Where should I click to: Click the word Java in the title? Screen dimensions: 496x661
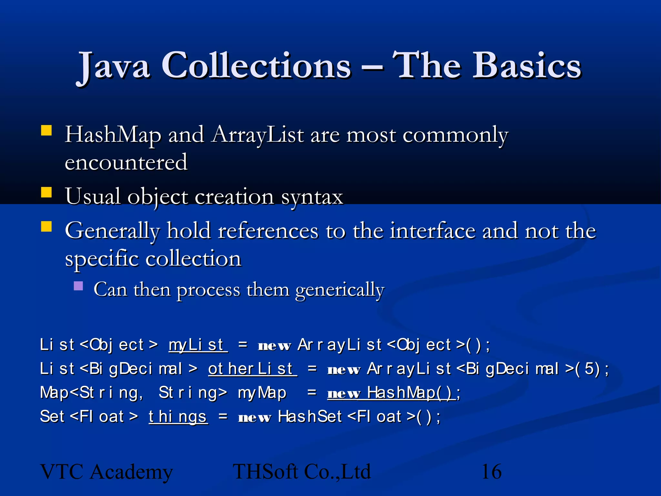click(x=114, y=66)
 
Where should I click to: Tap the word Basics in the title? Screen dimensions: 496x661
click(x=527, y=66)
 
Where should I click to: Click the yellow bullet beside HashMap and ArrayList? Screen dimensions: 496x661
click(x=46, y=130)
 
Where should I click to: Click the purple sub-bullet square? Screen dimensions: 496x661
click(x=78, y=286)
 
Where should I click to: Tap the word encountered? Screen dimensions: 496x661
click(x=126, y=162)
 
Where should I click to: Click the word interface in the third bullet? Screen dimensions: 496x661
click(x=432, y=231)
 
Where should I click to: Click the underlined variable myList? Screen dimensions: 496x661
click(x=198, y=345)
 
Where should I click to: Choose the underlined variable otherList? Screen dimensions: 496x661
click(x=252, y=369)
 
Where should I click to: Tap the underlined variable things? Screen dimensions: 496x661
click(x=178, y=417)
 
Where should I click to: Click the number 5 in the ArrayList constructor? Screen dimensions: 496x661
click(x=589, y=369)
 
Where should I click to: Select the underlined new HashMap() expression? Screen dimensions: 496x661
click(x=391, y=393)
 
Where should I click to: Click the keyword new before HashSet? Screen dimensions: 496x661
click(x=254, y=417)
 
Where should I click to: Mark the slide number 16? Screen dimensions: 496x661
click(x=491, y=471)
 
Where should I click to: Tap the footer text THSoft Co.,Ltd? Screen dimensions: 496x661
click(x=302, y=471)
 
